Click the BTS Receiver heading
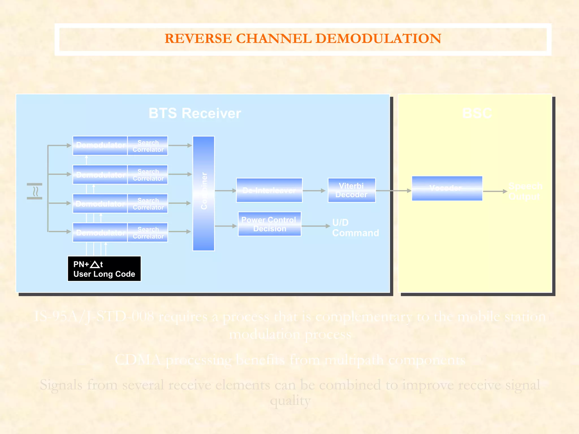pos(195,113)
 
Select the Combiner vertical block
pos(204,193)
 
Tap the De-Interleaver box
pos(269,190)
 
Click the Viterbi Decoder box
pos(351,190)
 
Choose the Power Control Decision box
pos(269,224)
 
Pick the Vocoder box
pos(447,188)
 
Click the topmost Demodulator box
pos(100,146)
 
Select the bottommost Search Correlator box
pos(148,233)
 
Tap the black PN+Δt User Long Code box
pos(104,269)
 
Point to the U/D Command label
pos(355,227)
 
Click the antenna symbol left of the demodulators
pos(35,191)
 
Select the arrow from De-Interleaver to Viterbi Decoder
pos(314,191)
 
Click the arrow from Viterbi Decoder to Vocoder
pos(393,191)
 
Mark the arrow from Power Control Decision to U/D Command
pos(316,226)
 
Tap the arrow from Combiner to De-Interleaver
pos(225,191)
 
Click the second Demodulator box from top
pos(100,175)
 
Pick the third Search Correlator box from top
pos(148,203)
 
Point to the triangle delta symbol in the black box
pos(95,264)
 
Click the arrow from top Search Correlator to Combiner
pos(180,146)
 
